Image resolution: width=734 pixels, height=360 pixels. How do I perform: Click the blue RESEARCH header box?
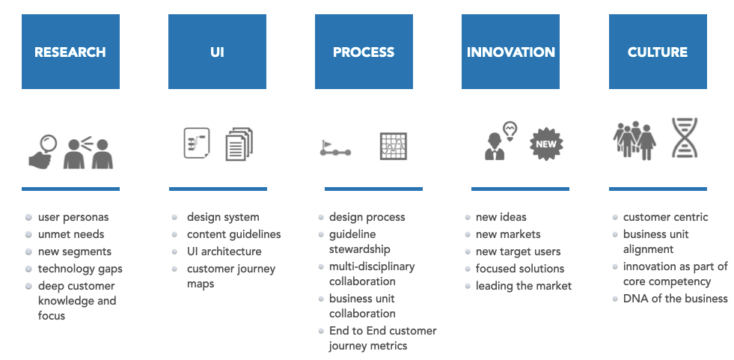[70, 52]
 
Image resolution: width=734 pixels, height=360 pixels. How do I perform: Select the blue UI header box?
[217, 52]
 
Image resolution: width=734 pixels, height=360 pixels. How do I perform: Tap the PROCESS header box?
[364, 52]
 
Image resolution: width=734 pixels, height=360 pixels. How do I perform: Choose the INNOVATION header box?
[510, 52]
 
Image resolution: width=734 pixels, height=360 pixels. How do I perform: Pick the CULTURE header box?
[658, 52]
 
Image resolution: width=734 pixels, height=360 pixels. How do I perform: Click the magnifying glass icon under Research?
[44, 150]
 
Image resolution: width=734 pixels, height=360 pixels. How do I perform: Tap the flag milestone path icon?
[335, 148]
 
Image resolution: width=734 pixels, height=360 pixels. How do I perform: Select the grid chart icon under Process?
[393, 145]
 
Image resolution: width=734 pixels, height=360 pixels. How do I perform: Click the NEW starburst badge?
[546, 143]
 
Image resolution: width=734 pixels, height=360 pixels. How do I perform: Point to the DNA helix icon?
[685, 138]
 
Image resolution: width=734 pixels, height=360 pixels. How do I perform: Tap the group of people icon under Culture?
[634, 140]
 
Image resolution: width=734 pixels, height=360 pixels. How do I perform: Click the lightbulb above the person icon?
[511, 130]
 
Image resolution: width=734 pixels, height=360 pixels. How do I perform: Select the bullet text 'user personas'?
[73, 217]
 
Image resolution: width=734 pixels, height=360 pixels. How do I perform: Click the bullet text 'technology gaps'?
[80, 269]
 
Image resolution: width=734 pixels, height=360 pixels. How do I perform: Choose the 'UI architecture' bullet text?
[224, 251]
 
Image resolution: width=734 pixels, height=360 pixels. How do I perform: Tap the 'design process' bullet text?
[367, 217]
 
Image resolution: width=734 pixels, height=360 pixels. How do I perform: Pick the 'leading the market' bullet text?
[523, 286]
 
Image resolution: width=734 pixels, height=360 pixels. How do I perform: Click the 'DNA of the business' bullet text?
[675, 299]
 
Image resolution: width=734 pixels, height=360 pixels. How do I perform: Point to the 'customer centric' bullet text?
[665, 217]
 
